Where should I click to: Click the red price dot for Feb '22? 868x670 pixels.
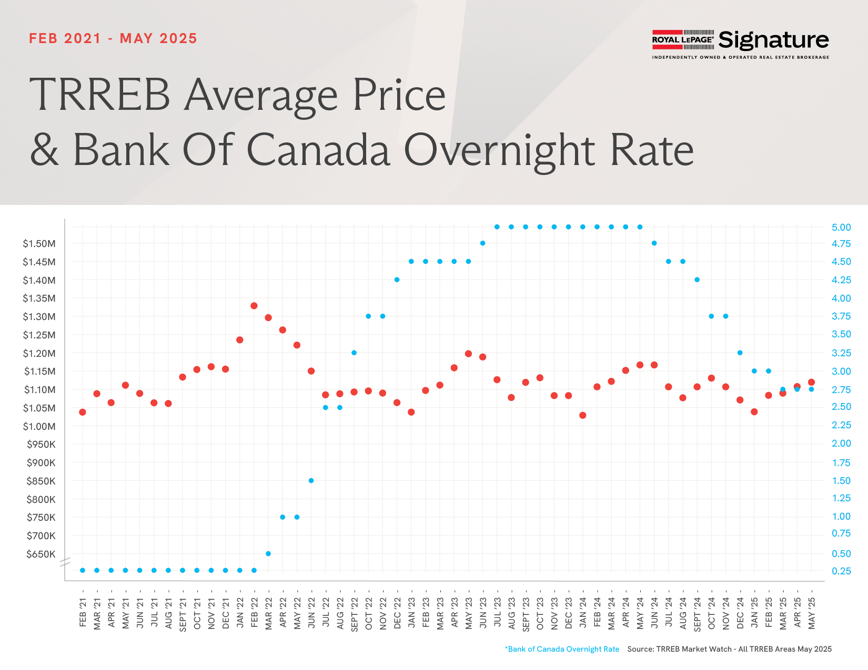[254, 306]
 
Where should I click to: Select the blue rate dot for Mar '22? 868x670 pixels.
[268, 553]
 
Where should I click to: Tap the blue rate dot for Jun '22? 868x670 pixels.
[311, 480]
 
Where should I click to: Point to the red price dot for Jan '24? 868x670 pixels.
[582, 415]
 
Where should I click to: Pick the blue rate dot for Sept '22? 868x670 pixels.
[354, 353]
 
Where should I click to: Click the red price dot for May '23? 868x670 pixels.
[468, 354]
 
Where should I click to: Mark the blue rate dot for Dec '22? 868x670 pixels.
[397, 280]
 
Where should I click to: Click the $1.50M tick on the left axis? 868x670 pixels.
[39, 244]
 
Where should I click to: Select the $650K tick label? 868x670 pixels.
[41, 554]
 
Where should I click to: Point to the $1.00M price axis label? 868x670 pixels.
[39, 427]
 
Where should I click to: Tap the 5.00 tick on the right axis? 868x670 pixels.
[841, 228]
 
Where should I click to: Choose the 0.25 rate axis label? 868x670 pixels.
[841, 571]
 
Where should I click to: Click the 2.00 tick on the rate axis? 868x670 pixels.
[841, 444]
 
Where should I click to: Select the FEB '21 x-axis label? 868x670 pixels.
[83, 612]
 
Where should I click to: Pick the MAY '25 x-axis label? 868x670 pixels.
[812, 613]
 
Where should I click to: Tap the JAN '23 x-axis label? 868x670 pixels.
[411, 612]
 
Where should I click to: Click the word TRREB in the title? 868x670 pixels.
[99, 95]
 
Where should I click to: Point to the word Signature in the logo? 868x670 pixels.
[773, 40]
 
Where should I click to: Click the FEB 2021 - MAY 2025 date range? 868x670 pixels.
[113, 38]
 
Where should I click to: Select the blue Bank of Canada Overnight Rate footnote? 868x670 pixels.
[562, 649]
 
